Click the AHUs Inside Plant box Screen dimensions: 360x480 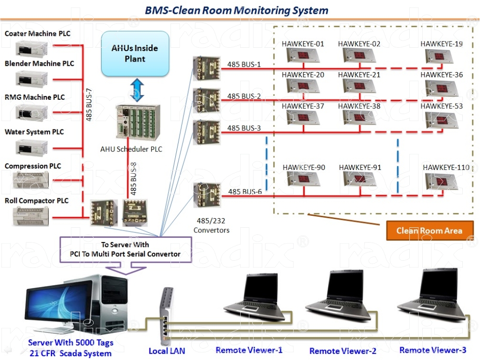coord(135,53)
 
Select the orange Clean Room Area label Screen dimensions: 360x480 coord(429,231)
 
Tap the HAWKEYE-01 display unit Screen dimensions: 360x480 coord(303,56)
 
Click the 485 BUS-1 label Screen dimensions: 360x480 coord(244,64)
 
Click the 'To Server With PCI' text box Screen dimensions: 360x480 coord(125,249)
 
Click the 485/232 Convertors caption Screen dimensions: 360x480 coord(211,226)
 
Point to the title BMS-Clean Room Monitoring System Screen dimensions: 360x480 coord(237,10)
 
